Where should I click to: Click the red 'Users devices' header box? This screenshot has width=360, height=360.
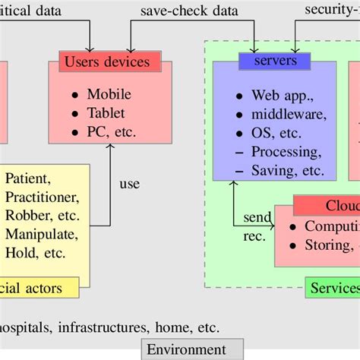(x=110, y=62)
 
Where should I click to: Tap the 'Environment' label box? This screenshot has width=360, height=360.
(x=186, y=349)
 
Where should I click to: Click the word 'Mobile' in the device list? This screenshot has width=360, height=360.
(x=109, y=95)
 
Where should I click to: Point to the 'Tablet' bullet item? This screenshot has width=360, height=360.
(x=107, y=114)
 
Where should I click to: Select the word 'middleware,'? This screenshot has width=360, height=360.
(x=289, y=115)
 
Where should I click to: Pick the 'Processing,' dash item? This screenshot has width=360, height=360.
(x=287, y=152)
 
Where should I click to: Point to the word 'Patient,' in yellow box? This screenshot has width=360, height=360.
(x=28, y=180)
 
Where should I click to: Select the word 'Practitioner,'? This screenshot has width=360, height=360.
(x=43, y=197)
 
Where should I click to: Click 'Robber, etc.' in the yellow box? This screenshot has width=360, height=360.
(x=41, y=215)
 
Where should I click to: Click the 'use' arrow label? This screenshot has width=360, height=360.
(x=130, y=184)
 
